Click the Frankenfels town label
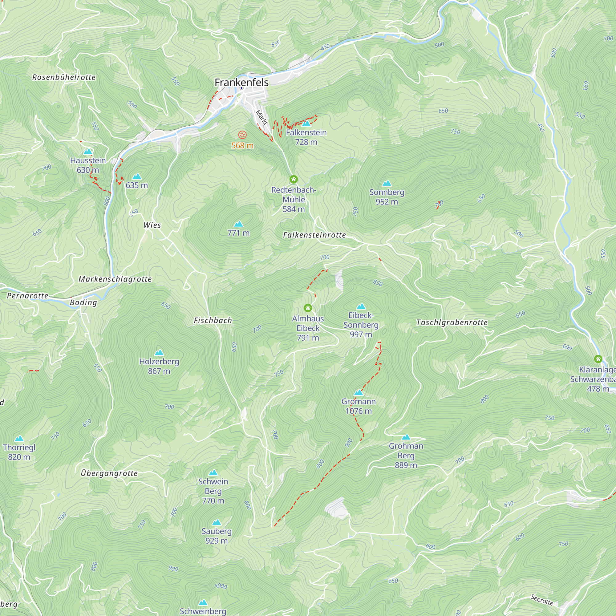click(241, 82)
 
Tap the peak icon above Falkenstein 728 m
click(306, 124)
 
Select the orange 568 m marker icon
click(242, 135)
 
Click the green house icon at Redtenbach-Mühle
click(294, 180)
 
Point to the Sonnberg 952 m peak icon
click(387, 183)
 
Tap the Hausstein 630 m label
click(88, 165)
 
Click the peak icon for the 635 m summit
click(137, 176)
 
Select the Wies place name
click(152, 225)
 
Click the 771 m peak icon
click(238, 224)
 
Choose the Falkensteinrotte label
click(314, 235)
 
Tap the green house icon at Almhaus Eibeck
click(308, 308)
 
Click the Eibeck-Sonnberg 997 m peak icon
click(361, 306)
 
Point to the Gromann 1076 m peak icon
click(359, 392)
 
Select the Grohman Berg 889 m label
click(406, 455)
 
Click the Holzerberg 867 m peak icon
click(159, 353)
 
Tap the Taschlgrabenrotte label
click(452, 322)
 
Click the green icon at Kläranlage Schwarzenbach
click(598, 359)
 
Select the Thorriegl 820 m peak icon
click(19, 438)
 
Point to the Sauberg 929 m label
click(217, 536)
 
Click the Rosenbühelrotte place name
click(64, 77)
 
